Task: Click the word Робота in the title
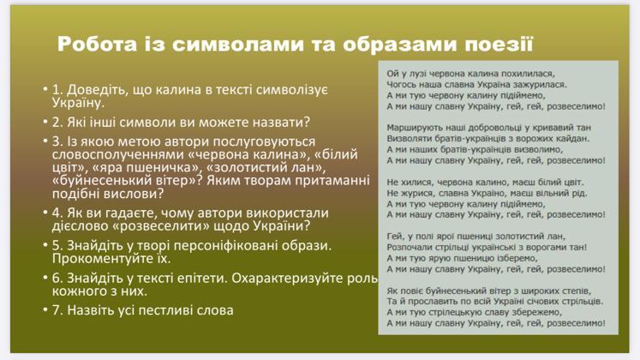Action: point(97,44)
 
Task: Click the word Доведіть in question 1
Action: point(96,90)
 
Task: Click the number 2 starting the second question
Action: point(56,122)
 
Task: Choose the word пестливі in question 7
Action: point(164,310)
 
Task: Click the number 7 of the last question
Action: point(56,310)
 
